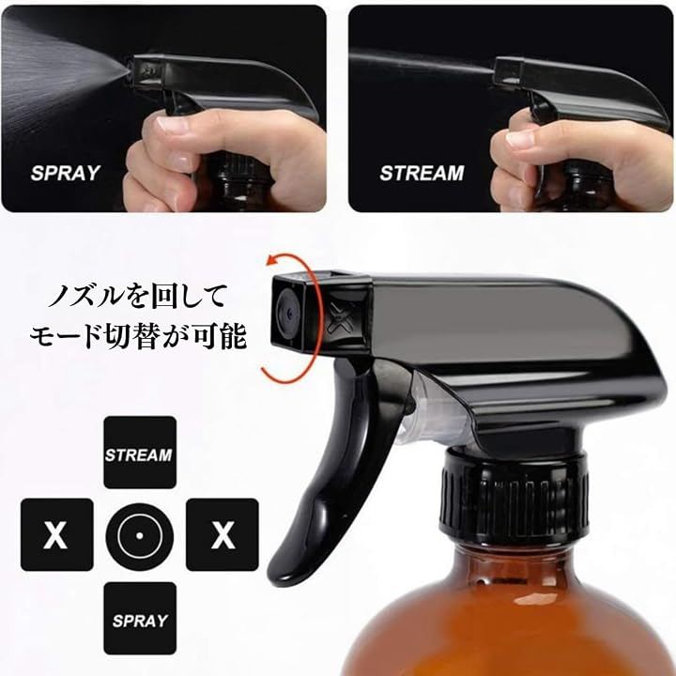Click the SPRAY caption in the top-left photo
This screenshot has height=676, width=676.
[x=65, y=173]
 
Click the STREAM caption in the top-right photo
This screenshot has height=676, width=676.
[x=422, y=173]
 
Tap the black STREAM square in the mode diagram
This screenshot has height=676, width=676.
[x=140, y=453]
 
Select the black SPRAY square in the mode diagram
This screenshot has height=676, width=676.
[x=140, y=618]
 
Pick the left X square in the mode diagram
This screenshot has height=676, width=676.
[x=57, y=534]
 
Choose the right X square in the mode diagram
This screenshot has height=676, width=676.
[x=223, y=534]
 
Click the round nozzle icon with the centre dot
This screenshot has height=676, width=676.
[x=140, y=536]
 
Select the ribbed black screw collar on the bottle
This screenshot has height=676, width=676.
[x=514, y=496]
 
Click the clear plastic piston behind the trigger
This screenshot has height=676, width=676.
[x=431, y=409]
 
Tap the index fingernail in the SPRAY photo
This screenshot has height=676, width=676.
[x=173, y=124]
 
